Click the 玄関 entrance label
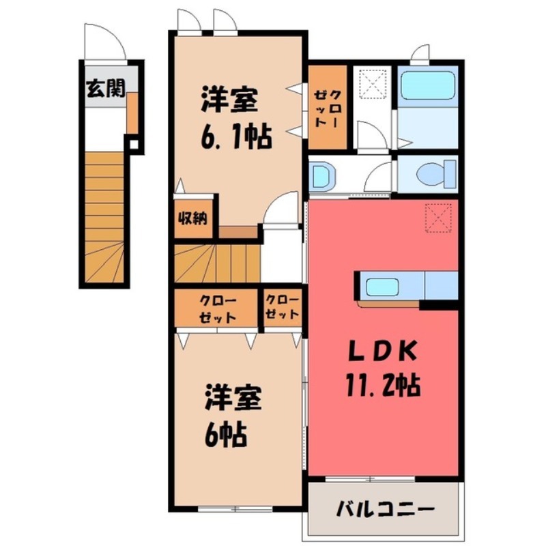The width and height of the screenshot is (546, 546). coord(105,88)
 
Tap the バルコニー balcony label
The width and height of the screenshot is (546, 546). coord(385,509)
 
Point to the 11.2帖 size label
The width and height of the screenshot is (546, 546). coord(383,386)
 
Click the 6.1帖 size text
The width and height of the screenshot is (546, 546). coord(236,136)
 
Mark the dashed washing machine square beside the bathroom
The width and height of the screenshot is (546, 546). coord(373,85)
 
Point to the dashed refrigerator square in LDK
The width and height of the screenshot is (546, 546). coord(438,217)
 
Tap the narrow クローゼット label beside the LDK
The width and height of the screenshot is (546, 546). coord(281,308)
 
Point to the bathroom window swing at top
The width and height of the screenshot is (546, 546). coord(420,53)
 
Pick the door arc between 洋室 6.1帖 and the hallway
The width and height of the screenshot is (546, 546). coord(283,207)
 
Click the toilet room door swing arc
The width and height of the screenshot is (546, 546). coord(378,179)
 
